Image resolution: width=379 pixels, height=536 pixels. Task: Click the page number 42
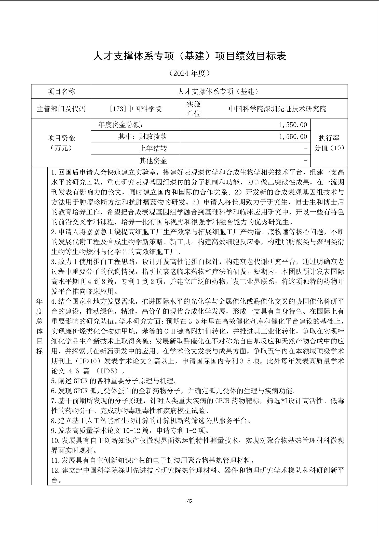click(189, 501)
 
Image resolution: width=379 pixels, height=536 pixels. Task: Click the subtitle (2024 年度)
click(189, 73)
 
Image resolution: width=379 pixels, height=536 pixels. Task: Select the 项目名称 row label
click(61, 91)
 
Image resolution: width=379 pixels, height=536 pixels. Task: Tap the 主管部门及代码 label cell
click(61, 109)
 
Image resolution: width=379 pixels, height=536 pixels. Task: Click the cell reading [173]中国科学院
click(136, 109)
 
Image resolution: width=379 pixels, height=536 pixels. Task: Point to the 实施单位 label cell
click(194, 109)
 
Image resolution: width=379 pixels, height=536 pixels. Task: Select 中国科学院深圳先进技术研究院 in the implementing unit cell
click(277, 109)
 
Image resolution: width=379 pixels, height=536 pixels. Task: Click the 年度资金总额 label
click(121, 125)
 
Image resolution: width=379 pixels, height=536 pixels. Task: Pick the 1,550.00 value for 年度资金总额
click(293, 125)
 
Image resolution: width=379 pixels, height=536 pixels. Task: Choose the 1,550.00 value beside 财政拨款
click(293, 137)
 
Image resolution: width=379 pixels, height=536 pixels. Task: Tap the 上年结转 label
click(153, 148)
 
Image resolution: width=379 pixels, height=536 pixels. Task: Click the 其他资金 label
click(153, 160)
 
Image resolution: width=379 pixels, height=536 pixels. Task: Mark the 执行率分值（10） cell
click(329, 143)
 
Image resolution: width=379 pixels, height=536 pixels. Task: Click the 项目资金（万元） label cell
click(61, 143)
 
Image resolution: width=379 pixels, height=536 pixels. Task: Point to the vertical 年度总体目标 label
click(39, 326)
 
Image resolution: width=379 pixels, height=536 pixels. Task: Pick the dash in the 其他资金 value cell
click(305, 160)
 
